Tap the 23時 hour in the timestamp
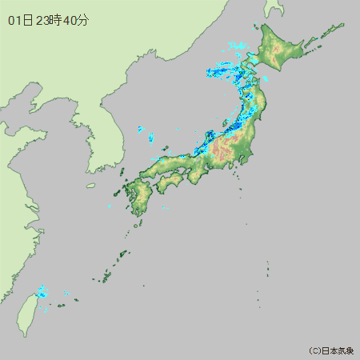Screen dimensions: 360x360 [x=50, y=20]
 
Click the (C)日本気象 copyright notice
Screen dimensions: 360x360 [x=331, y=350]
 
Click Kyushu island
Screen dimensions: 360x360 [x=138, y=196]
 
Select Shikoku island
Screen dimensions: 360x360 [x=170, y=183]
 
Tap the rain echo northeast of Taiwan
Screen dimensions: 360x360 [x=42, y=291]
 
